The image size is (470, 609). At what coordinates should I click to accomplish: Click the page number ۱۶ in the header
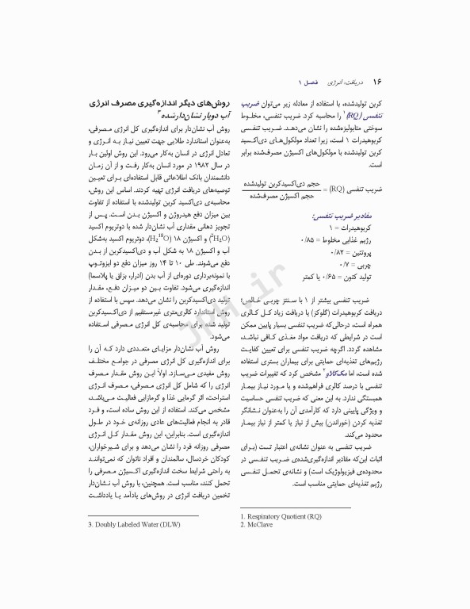378,82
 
